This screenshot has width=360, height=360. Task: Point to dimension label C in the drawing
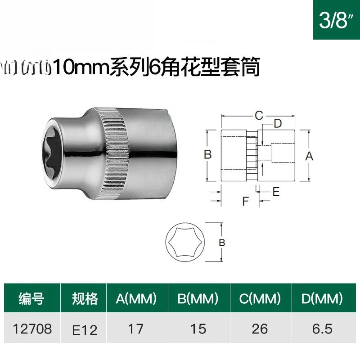(x=258, y=116)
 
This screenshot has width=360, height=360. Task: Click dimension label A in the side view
(x=309, y=156)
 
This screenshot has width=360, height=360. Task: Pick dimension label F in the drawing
(x=245, y=201)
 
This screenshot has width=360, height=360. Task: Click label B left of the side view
(x=207, y=154)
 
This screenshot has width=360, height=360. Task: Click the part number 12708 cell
(x=31, y=329)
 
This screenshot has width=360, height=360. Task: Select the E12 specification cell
(x=85, y=330)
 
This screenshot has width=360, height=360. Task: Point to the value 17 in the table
(x=135, y=329)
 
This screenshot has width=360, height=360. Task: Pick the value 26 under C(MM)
(x=260, y=329)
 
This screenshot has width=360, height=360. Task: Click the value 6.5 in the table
(x=321, y=329)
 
